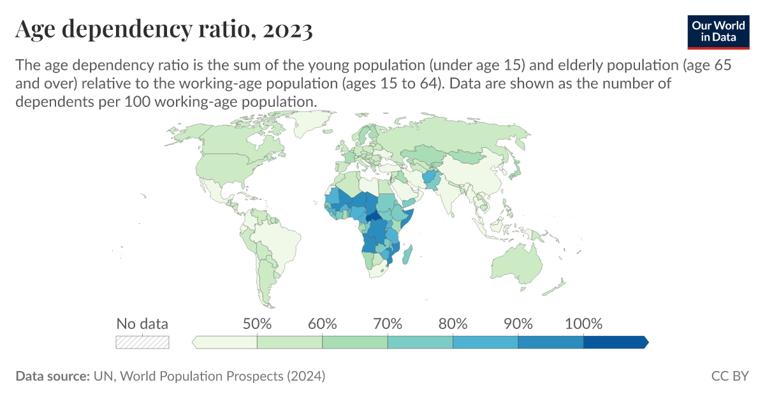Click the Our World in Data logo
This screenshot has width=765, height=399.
(717, 30)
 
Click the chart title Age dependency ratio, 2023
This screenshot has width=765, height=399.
(164, 30)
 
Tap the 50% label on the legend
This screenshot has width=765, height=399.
(257, 323)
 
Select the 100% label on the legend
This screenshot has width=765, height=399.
(583, 323)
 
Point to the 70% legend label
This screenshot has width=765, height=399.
(388, 323)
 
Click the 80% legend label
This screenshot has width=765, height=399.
(453, 323)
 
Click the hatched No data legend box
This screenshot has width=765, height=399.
(142, 342)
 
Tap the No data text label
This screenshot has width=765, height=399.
(142, 323)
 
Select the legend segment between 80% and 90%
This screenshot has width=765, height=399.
(485, 342)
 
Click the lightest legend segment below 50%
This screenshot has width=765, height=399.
(225, 342)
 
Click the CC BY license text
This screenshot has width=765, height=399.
(730, 376)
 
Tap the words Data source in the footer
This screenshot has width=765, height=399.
(52, 376)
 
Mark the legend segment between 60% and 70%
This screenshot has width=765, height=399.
(355, 342)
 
